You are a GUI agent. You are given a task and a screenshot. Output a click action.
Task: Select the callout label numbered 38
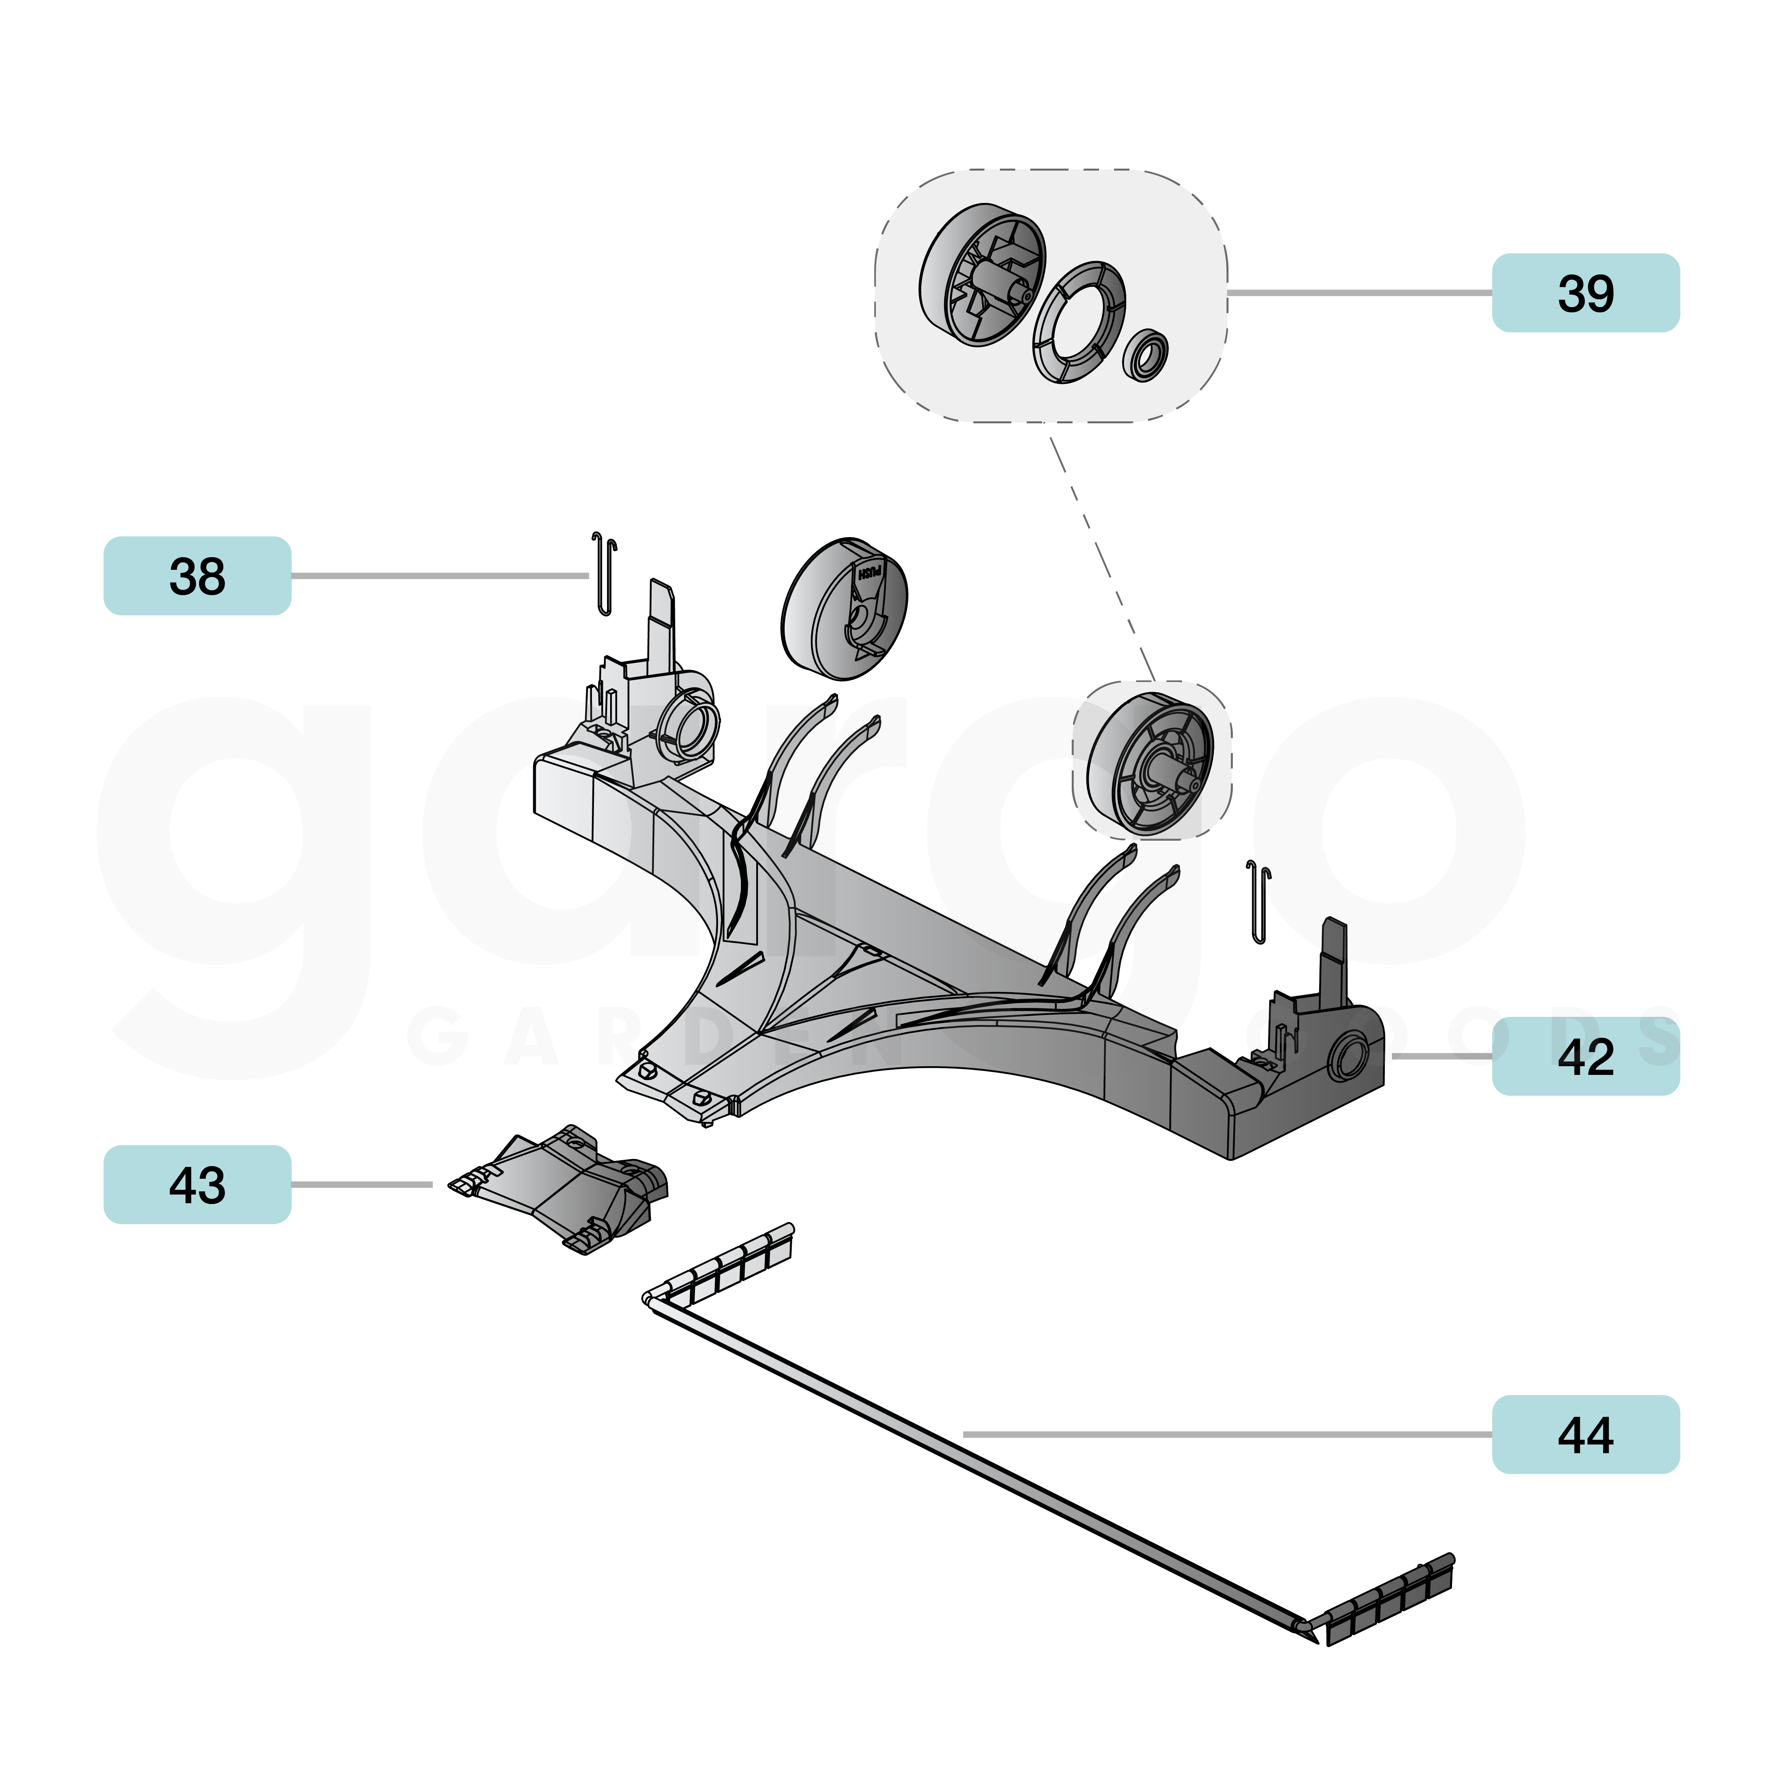[197, 576]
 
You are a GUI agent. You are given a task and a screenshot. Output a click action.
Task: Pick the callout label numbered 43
[197, 1185]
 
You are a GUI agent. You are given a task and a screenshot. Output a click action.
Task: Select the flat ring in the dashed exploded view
[1079, 322]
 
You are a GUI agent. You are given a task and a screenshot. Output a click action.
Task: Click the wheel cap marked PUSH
[844, 609]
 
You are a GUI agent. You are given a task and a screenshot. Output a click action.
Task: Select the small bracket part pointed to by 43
[563, 1187]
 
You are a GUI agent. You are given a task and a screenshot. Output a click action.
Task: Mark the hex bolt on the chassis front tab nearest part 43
[646, 1070]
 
